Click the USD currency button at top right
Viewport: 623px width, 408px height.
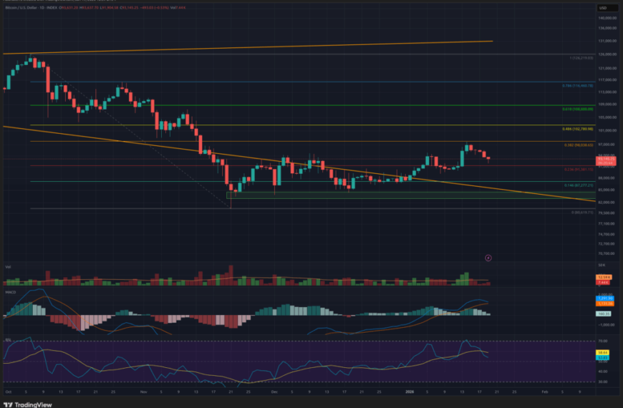click(602, 7)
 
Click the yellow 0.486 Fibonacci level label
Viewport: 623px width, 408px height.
click(576, 129)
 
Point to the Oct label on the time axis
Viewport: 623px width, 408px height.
click(8, 392)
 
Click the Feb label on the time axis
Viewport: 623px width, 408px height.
click(544, 392)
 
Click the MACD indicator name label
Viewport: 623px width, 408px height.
click(9, 293)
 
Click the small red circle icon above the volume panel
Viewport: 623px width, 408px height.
click(488, 257)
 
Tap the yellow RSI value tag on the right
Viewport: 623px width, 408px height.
click(602, 352)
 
